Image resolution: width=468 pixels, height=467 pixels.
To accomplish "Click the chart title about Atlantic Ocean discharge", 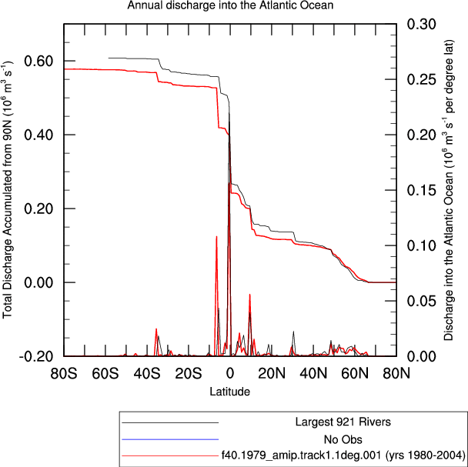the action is tap(230, 5).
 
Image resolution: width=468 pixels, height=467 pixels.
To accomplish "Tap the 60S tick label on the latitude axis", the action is tap(105, 374).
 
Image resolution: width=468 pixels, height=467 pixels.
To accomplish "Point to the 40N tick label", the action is tap(313, 374).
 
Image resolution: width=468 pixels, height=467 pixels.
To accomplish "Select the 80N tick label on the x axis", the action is tap(396, 374).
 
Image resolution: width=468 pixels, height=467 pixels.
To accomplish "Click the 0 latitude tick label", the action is tap(230, 374).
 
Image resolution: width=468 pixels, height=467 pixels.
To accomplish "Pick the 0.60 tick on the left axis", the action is tap(38, 61).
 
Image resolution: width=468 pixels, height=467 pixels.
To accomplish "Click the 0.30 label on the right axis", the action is tap(422, 24).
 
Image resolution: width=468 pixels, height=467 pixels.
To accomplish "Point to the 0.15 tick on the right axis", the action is tap(422, 190).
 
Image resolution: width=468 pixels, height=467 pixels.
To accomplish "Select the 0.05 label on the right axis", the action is tap(422, 301).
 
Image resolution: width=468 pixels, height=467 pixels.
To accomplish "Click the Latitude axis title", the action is tap(230, 391).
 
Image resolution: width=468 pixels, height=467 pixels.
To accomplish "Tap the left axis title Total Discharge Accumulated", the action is tap(8, 190).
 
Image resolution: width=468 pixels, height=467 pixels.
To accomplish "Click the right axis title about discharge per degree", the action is tap(449, 190).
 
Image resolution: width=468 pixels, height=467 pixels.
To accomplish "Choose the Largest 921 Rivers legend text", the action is tap(343, 422).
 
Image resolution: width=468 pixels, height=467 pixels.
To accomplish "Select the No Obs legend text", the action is tap(343, 439).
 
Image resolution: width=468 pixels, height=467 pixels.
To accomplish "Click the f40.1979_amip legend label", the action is tap(343, 455).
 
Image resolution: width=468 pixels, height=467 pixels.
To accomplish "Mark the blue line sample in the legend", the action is tap(170, 439).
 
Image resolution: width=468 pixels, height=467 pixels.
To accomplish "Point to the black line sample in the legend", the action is tap(170, 422).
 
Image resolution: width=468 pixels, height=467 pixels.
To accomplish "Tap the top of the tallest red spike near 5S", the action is tap(217, 237).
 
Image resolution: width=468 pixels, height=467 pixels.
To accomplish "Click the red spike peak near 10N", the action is tap(249, 295).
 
